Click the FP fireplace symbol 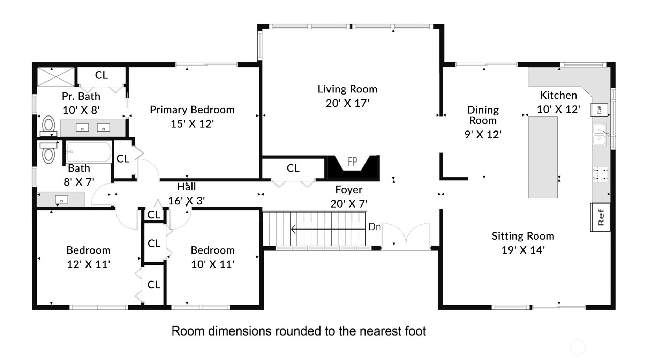click(352, 162)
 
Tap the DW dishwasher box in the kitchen click(599, 110)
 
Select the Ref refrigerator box click(600, 217)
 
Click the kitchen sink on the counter click(600, 134)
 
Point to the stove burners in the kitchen click(600, 174)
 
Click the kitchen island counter click(543, 157)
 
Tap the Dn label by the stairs click(374, 227)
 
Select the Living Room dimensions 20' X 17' click(347, 103)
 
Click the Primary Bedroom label click(192, 110)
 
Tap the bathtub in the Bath click(89, 152)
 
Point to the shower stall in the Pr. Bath click(56, 77)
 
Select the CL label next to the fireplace click(293, 168)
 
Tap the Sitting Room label click(522, 236)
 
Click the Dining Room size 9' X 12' click(483, 135)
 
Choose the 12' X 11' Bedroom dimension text click(88, 264)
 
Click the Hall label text click(186, 187)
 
